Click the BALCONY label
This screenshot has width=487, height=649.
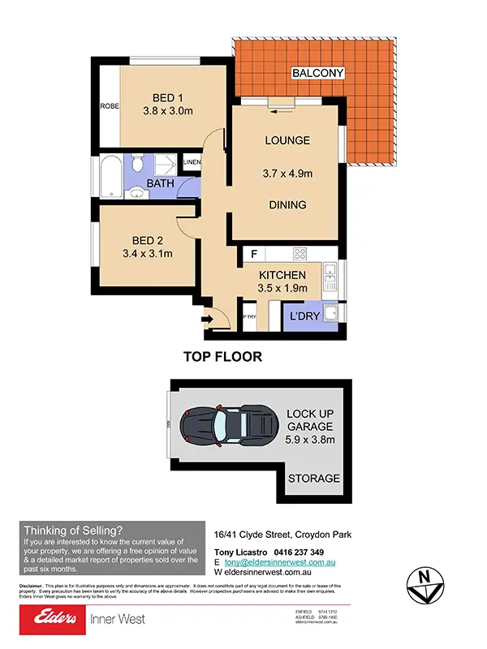(x=317, y=74)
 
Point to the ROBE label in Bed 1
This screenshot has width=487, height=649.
(x=109, y=106)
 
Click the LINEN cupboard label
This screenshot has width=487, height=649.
(x=192, y=163)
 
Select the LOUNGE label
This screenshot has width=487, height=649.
(x=287, y=140)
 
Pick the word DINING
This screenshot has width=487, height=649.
(x=287, y=205)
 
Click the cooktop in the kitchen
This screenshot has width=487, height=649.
(x=295, y=253)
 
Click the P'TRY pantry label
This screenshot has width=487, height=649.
(x=250, y=317)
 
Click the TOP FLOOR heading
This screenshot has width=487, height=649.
(x=222, y=356)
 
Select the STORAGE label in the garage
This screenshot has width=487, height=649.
(x=314, y=479)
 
